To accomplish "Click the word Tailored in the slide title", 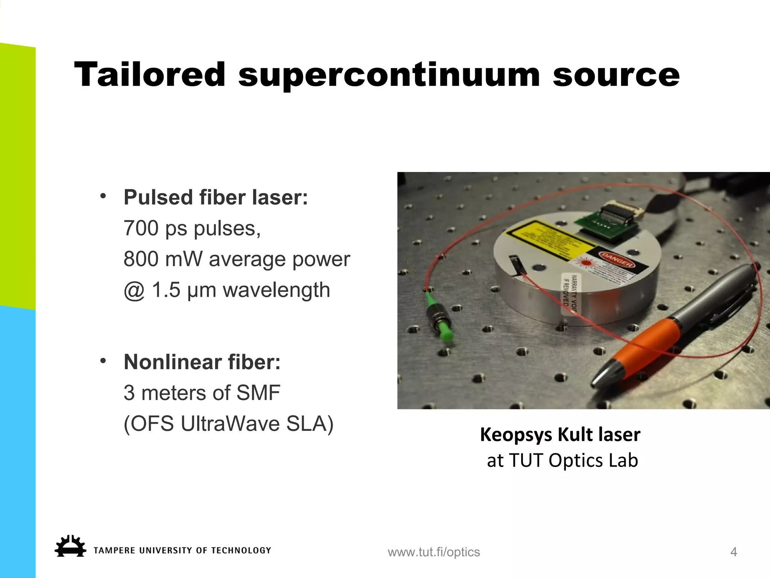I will coord(150,75).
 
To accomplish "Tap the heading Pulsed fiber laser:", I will coord(215,197).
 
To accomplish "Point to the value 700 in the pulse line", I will coord(141,228).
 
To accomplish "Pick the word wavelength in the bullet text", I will coord(276,290).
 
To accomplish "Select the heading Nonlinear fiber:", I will coord(202,362).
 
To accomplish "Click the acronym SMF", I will coord(258,393).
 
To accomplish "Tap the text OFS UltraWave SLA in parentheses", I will coord(229,424).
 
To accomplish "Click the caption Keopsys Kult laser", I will coord(560,435).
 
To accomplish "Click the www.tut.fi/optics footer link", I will coord(434,552).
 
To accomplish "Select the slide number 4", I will coord(733,552).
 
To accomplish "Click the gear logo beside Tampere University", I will coord(70,546).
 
